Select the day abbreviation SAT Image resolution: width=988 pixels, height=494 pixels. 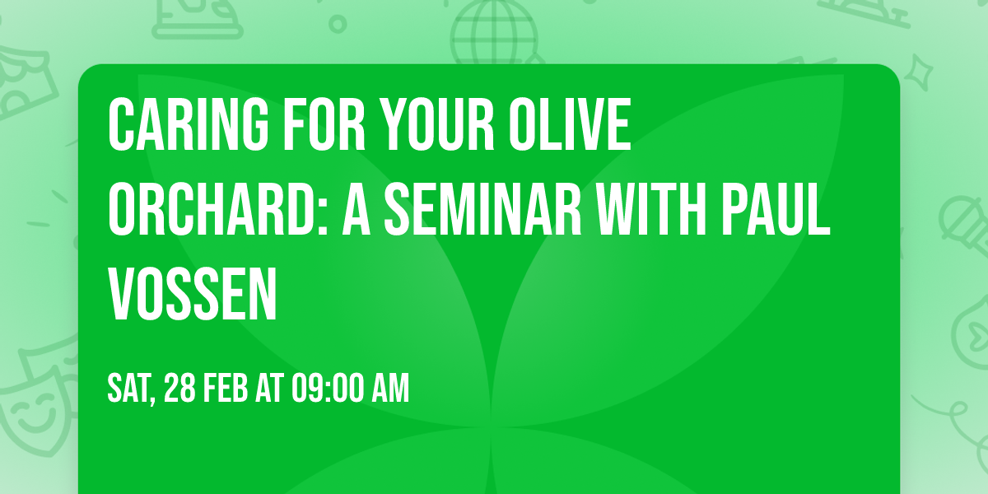click(130, 389)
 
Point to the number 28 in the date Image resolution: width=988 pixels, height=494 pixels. click(183, 389)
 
